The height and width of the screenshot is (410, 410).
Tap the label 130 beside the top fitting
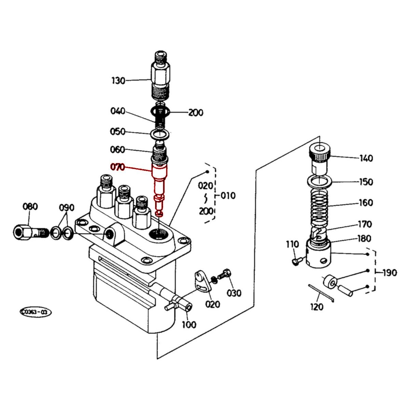click(x=118, y=81)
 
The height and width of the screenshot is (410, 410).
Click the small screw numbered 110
click(x=296, y=261)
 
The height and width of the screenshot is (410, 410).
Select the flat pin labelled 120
click(x=321, y=292)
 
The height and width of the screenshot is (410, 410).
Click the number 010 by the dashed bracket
click(x=228, y=196)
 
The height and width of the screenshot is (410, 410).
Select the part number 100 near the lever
click(x=189, y=324)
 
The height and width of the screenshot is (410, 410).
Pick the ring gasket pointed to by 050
click(x=159, y=134)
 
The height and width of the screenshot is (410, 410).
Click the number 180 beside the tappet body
click(x=364, y=238)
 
